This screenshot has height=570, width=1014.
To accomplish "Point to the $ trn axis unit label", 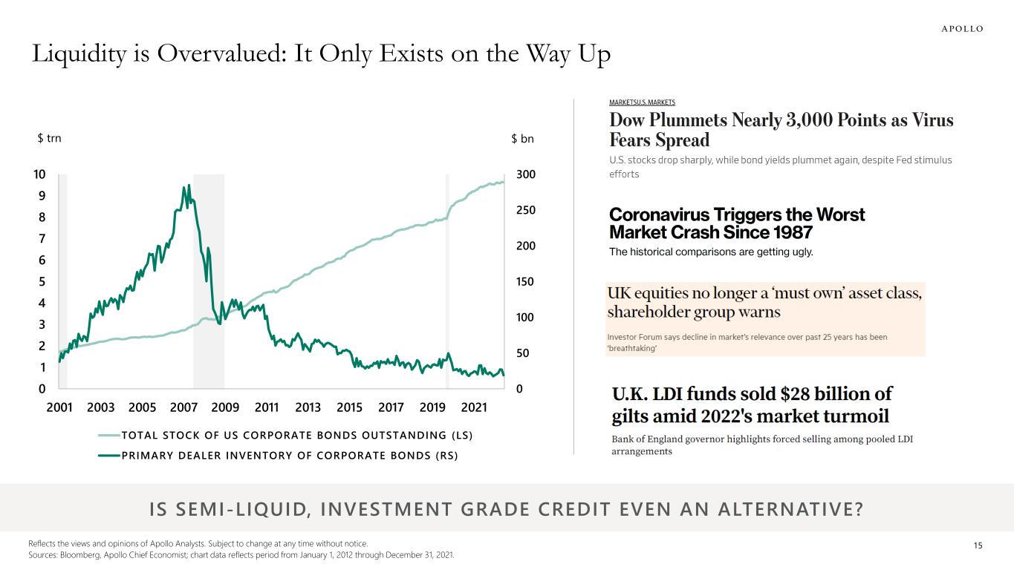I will (x=50, y=139).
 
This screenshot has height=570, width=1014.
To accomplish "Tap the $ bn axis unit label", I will (x=522, y=139).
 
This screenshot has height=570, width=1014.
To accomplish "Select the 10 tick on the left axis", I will (x=39, y=174).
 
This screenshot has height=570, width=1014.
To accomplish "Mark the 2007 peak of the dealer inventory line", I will (x=189, y=186).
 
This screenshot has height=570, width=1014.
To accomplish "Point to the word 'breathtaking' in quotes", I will (x=632, y=349).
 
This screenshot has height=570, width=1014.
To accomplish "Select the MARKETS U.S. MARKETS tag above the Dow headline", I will (x=642, y=102).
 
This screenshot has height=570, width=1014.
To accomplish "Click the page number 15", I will (x=978, y=546).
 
